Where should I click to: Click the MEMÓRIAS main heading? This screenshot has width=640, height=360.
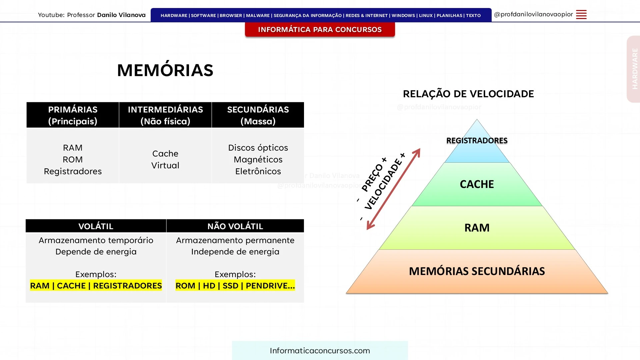point(165,70)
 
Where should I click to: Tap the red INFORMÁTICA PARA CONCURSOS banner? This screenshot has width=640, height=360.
point(320,29)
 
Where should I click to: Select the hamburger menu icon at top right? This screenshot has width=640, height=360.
point(581,15)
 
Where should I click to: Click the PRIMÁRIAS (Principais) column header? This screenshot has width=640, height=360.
point(73,115)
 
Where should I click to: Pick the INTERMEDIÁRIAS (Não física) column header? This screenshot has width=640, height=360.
point(165,115)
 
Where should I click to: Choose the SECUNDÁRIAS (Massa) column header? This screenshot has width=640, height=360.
point(258,115)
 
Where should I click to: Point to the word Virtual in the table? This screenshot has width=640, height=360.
point(165,165)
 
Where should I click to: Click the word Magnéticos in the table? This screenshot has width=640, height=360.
point(258,160)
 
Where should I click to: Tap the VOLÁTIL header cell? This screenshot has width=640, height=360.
point(96,226)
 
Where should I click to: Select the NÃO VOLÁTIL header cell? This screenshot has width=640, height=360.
point(235,226)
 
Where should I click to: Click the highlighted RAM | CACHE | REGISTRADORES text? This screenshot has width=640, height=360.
point(96,285)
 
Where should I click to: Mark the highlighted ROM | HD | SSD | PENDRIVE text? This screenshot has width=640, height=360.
point(235,285)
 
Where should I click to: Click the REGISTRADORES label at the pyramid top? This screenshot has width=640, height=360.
point(477,141)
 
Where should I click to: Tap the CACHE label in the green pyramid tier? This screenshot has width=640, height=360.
point(477,184)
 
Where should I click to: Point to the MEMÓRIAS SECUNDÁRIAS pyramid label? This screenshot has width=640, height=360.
point(477,271)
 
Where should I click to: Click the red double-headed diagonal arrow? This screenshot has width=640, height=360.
point(394,189)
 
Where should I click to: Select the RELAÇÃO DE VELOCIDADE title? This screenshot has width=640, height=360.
point(468,94)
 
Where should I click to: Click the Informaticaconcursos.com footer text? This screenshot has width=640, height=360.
point(320,351)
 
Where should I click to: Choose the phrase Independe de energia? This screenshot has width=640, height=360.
point(235,252)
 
